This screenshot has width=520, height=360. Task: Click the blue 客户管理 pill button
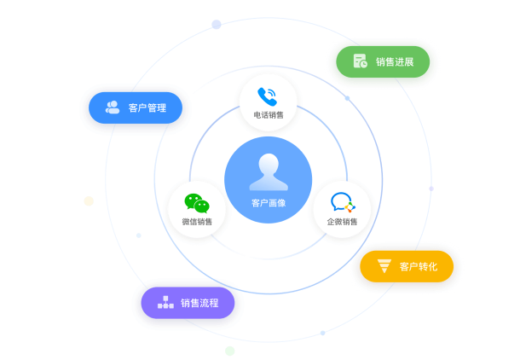coord(136,107)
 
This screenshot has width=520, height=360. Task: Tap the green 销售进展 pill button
coord(383,61)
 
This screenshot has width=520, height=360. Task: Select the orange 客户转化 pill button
coord(407,266)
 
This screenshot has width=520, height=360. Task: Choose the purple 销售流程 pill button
coord(188,303)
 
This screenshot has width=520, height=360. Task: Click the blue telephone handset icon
coord(268,96)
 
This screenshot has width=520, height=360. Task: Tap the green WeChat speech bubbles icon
coord(197,203)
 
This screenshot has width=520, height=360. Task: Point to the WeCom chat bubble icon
coord(343,202)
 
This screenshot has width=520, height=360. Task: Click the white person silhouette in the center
coord(269,171)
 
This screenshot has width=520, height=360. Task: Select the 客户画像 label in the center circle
coord(269,203)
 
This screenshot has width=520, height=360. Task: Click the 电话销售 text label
coord(269,115)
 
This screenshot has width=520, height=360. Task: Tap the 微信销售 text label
coord(197,222)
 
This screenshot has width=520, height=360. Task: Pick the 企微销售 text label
coord(342,222)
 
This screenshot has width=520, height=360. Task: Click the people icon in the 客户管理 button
coord(113,107)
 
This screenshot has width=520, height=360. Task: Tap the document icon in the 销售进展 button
coord(360,61)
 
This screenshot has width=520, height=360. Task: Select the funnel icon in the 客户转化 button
coord(384,266)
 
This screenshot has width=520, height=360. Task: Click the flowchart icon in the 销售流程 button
coord(165,302)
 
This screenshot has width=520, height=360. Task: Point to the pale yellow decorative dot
coord(89,201)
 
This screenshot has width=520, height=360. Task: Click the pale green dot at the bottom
coord(230,351)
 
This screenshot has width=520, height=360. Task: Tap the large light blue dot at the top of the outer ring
coord(217,24)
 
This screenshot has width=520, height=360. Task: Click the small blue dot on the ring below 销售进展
coord(347,98)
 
